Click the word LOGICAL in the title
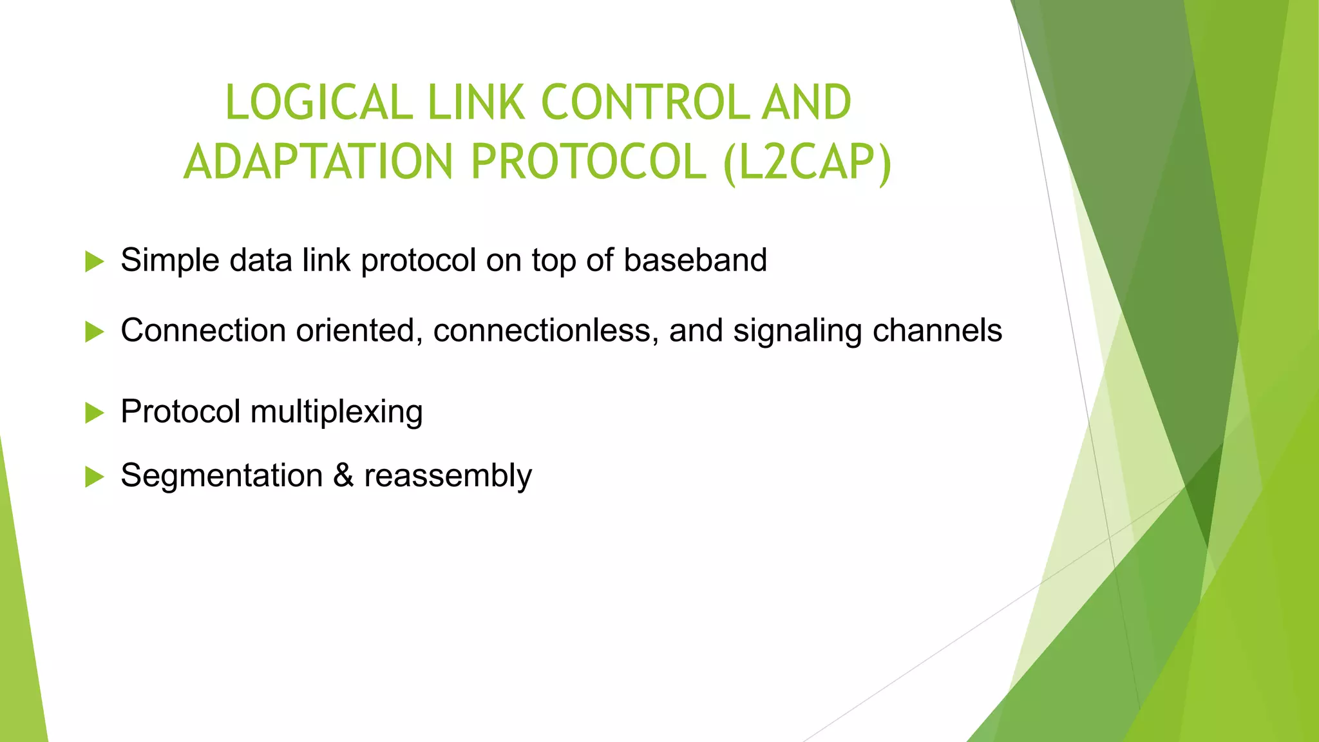click(318, 103)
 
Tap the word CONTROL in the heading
click(645, 103)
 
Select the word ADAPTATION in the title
click(319, 162)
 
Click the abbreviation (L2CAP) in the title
click(808, 163)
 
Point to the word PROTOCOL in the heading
click(589, 162)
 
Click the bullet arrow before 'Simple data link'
click(94, 262)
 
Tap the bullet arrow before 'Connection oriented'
click(94, 332)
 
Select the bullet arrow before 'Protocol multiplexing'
click(94, 413)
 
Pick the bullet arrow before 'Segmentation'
click(94, 477)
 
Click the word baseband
click(695, 260)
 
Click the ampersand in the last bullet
click(343, 475)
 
